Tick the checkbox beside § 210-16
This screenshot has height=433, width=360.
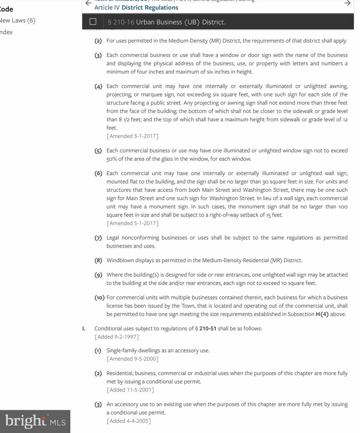click(93, 22)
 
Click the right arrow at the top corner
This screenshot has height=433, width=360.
click(348, 3)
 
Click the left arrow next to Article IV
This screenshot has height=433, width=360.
click(88, 3)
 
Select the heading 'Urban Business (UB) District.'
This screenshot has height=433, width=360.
click(181, 22)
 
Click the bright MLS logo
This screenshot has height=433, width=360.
click(35, 421)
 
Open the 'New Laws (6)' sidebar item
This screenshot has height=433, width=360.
click(18, 20)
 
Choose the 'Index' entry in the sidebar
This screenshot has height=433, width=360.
click(6, 32)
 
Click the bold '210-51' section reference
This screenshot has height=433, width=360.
click(207, 328)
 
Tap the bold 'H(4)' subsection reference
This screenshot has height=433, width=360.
click(322, 314)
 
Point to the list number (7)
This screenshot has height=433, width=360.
click(98, 238)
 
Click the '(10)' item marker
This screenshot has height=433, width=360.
click(100, 297)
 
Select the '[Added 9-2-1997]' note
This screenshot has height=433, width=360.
click(117, 337)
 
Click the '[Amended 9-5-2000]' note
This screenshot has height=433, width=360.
click(132, 359)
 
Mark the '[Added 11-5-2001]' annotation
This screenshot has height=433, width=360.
click(130, 390)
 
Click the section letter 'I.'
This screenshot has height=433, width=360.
click(84, 328)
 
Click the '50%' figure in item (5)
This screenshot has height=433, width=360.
click(112, 159)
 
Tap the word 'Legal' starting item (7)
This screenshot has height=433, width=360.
click(113, 238)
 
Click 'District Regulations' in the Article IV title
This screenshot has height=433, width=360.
click(150, 8)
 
